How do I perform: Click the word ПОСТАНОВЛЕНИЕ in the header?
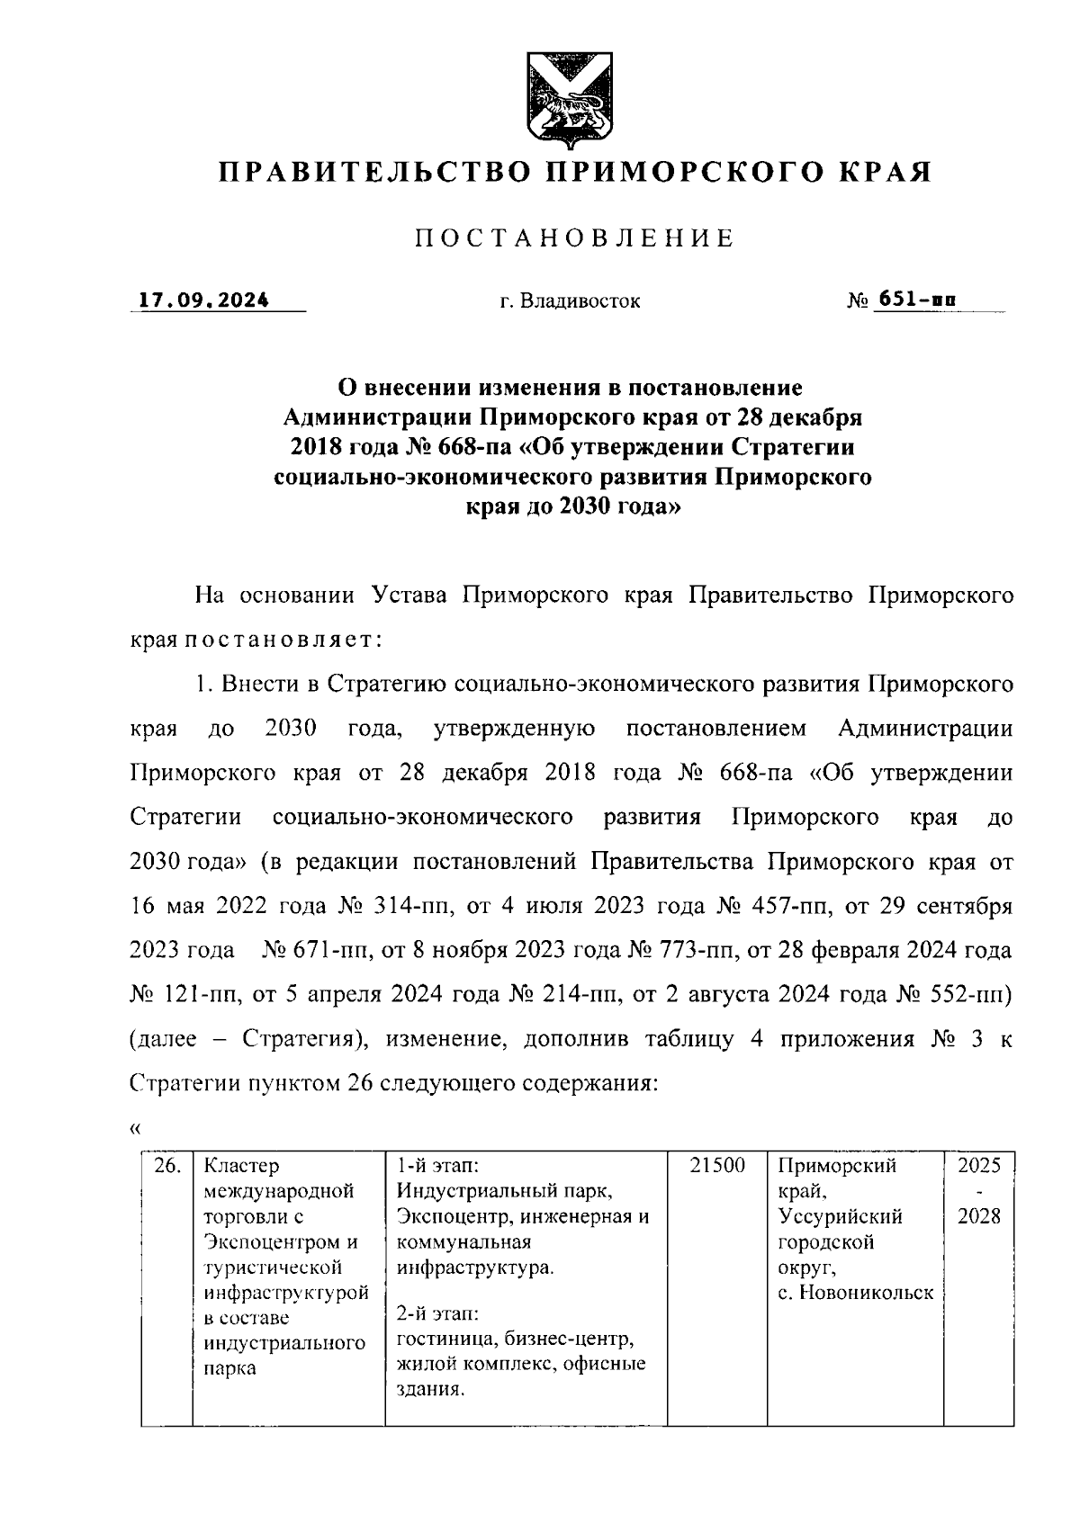coord(574,238)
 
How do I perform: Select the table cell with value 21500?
coord(717,1166)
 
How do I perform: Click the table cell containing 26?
coord(166,1166)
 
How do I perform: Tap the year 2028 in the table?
coord(978,1217)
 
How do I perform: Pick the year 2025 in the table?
coord(978,1166)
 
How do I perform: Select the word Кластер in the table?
coord(241,1166)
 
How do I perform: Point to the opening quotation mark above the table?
coord(135,1128)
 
